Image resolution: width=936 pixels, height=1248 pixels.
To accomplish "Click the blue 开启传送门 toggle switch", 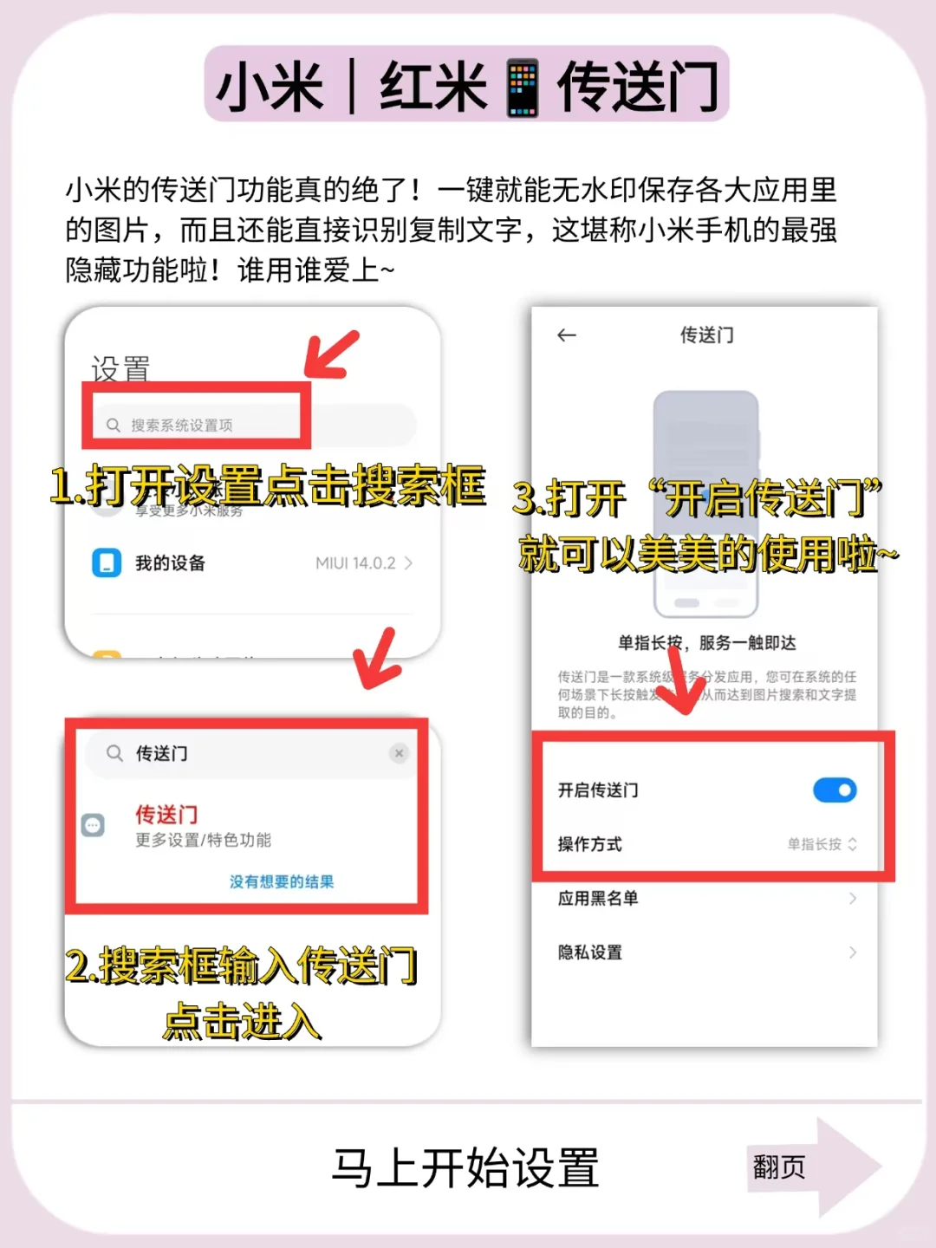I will [x=835, y=790].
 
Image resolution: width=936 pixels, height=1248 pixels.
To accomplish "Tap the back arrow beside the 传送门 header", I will [x=567, y=335].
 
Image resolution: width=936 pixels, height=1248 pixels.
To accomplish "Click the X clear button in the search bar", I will [x=399, y=753].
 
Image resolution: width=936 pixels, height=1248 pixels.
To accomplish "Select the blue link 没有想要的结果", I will [x=282, y=881].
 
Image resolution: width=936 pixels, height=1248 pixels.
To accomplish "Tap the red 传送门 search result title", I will [x=166, y=815].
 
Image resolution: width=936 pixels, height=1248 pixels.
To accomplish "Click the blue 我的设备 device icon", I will [x=107, y=562].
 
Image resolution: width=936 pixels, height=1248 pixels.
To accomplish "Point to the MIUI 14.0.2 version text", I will [x=355, y=563].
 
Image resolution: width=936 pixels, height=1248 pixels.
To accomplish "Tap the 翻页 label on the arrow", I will [x=779, y=1167].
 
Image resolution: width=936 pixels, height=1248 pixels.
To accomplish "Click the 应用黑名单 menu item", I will [x=598, y=898].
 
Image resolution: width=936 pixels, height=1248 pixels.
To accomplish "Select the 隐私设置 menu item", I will [x=590, y=952].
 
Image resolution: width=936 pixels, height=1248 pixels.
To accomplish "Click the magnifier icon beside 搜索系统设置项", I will [x=114, y=425].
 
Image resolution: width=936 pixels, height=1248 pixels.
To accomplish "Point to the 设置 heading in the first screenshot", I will [x=120, y=369].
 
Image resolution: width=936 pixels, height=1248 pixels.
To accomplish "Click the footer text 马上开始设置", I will [x=465, y=1167].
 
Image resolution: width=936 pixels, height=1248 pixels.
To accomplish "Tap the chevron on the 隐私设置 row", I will [x=853, y=952].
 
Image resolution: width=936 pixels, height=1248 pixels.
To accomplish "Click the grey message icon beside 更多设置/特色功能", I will [x=93, y=825].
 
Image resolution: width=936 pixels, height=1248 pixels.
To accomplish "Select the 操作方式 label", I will [x=589, y=844].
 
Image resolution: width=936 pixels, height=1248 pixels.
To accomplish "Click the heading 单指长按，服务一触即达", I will [x=706, y=643].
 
